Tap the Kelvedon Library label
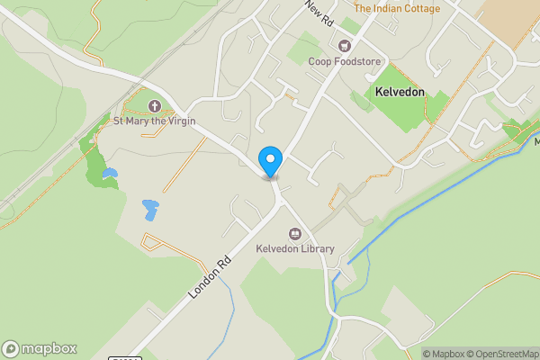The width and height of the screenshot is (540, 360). coord(294,248)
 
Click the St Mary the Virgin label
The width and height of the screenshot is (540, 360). coord(154,121)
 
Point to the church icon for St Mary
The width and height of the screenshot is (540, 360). coord(154,106)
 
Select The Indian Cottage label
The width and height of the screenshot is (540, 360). coord(397,9)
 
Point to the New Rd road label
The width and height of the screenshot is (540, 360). coord(319,13)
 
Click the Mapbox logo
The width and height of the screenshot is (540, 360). coord(40,349)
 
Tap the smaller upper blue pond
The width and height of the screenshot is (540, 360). coord(109,172)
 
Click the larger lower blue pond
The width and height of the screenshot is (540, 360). coord(148,210)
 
